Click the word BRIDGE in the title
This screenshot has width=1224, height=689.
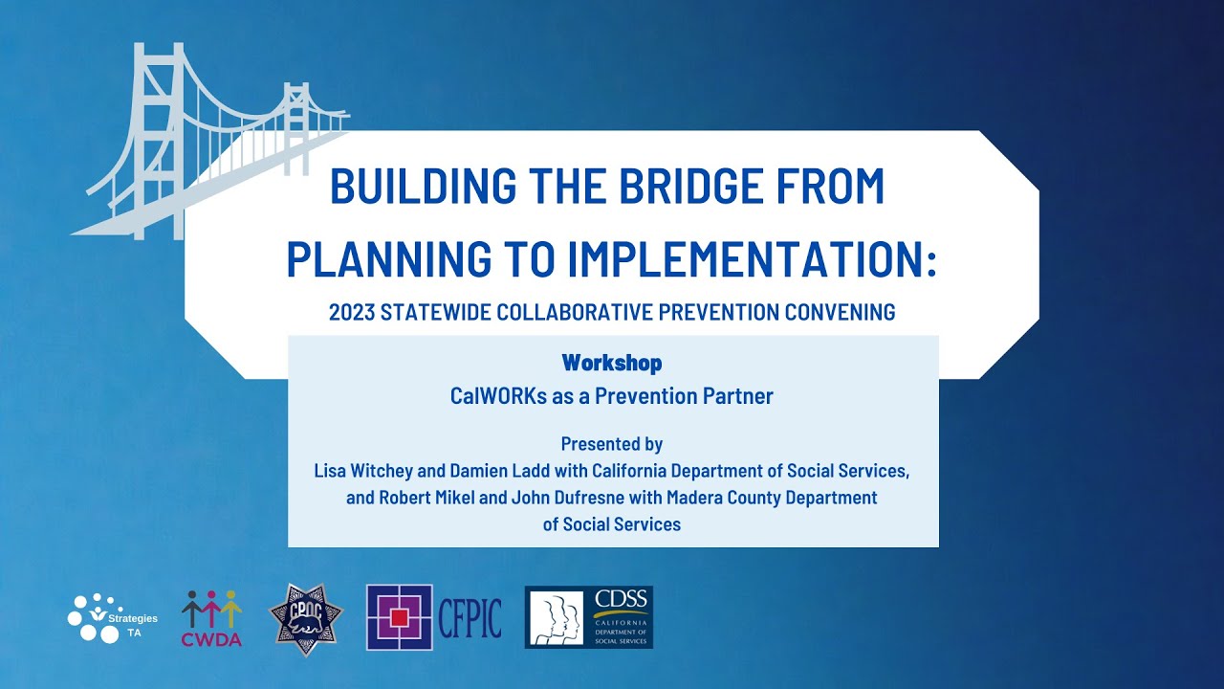click(x=690, y=186)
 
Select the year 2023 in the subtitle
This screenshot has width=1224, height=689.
click(x=352, y=312)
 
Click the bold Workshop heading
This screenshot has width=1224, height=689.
click(x=612, y=363)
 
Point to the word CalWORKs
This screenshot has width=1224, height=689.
click(x=498, y=396)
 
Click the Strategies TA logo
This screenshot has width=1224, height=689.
click(x=113, y=618)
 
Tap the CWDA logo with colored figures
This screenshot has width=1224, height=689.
click(x=211, y=618)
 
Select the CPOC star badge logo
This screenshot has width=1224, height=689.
click(x=306, y=619)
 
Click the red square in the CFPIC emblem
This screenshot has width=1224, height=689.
click(x=400, y=618)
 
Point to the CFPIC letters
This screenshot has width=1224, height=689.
click(x=470, y=618)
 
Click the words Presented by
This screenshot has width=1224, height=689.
click(x=612, y=444)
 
